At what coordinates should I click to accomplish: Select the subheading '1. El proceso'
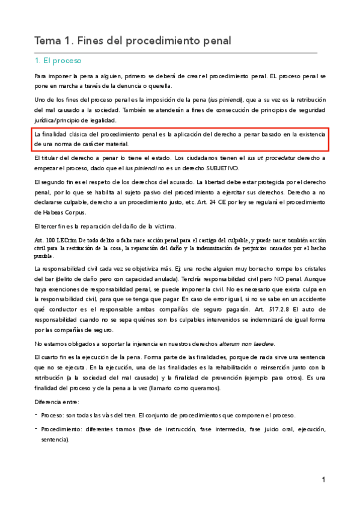(x=58, y=61)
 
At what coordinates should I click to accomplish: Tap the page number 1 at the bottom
(x=323, y=479)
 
